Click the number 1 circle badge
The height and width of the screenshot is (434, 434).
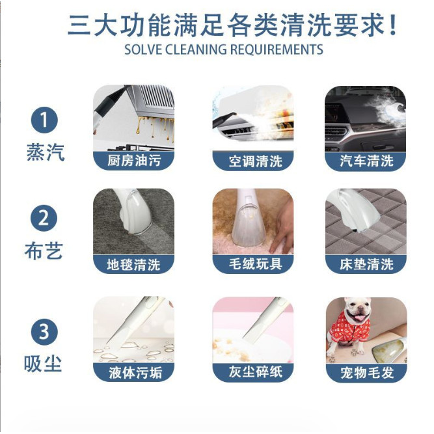[44, 120]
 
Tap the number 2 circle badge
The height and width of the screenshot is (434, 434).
[44, 218]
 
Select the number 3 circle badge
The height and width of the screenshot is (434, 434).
[44, 332]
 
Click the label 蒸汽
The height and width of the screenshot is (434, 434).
[46, 152]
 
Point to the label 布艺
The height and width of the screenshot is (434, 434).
[44, 251]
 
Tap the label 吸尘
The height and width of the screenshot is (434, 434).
[43, 364]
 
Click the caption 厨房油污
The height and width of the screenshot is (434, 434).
[134, 161]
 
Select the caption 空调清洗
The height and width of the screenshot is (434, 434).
[255, 161]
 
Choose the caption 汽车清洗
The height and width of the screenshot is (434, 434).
[366, 161]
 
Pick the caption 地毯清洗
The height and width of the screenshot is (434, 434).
[133, 265]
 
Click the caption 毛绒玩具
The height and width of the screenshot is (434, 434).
[255, 264]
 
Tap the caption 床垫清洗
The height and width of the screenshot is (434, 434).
[366, 264]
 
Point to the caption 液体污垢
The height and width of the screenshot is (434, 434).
[135, 373]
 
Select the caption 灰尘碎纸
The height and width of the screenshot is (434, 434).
[255, 372]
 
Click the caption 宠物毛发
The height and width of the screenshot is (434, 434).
[367, 373]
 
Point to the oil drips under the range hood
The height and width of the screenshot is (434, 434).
[155, 128]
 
